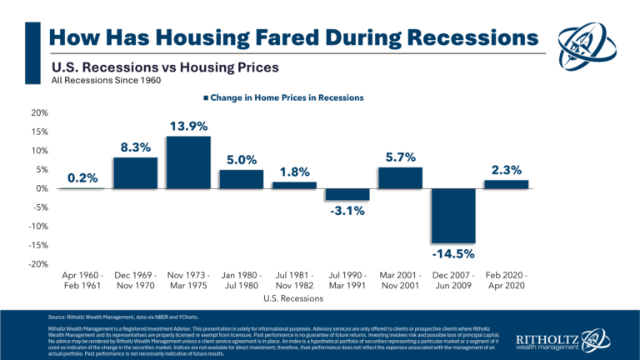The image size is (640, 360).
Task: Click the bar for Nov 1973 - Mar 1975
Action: coord(187,162)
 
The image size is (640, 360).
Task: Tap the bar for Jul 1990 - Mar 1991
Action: coord(346,194)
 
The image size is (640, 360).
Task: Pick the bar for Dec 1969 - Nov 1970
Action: coord(135,172)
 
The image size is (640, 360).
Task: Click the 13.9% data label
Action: coord(187,126)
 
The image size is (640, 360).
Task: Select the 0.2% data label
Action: coord(82,177)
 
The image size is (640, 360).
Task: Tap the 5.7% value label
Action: coord(399,157)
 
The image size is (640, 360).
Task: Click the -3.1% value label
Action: coord(346,211)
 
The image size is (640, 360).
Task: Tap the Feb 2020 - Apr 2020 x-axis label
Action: coord(505,279)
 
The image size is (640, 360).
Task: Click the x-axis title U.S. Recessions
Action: coord(293,297)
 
